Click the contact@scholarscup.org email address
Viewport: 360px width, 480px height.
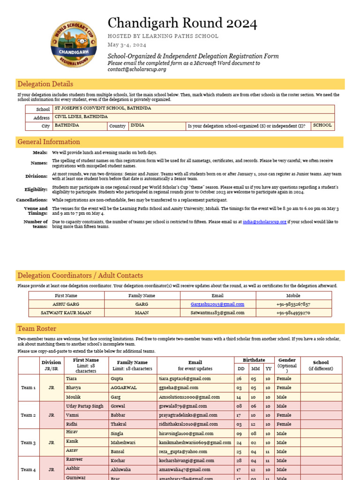(137, 69)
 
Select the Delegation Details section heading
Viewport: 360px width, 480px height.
(45, 84)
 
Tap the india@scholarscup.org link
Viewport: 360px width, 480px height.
(264, 222)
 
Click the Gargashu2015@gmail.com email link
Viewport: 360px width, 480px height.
(217, 304)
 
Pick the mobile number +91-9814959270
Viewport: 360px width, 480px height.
(293, 313)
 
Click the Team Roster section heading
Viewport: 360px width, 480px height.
(37, 329)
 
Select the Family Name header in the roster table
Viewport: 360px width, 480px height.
(132, 362)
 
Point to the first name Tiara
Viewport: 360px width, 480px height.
(71, 378)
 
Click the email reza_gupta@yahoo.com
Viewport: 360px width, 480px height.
(182, 452)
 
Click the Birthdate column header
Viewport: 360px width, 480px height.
(254, 360)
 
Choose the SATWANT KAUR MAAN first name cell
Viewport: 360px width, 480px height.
(67, 313)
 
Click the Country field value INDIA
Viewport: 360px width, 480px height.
(137, 126)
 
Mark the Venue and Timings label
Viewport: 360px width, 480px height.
(36, 211)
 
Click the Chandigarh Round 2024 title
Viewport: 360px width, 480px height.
(182, 23)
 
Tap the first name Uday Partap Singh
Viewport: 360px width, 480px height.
(84, 406)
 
